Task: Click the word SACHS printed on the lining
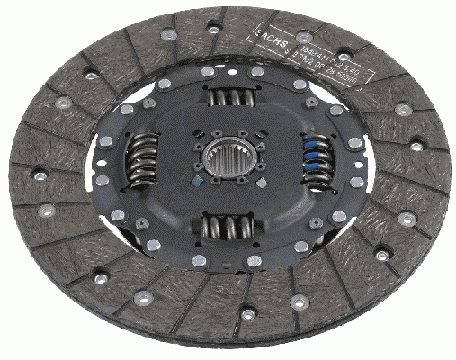[x=271, y=41]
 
